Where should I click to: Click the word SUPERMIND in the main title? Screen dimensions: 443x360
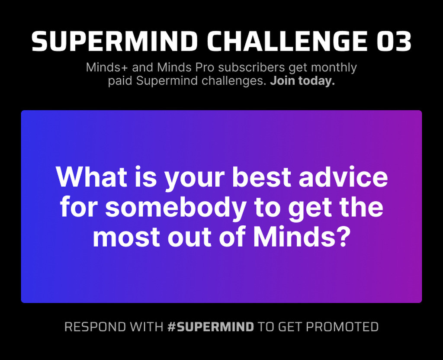[x=115, y=41]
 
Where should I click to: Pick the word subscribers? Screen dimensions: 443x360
[x=252, y=67]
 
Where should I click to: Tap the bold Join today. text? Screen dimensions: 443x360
[x=302, y=81]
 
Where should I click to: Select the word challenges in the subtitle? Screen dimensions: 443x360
[x=234, y=81]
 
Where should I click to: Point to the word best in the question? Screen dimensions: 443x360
[x=262, y=177]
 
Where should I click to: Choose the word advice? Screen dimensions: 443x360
[x=343, y=177]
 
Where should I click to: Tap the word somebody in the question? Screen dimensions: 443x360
[x=176, y=207]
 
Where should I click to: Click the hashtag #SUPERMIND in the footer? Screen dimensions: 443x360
[x=211, y=327]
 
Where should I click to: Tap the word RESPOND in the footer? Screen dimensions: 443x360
[x=95, y=327]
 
